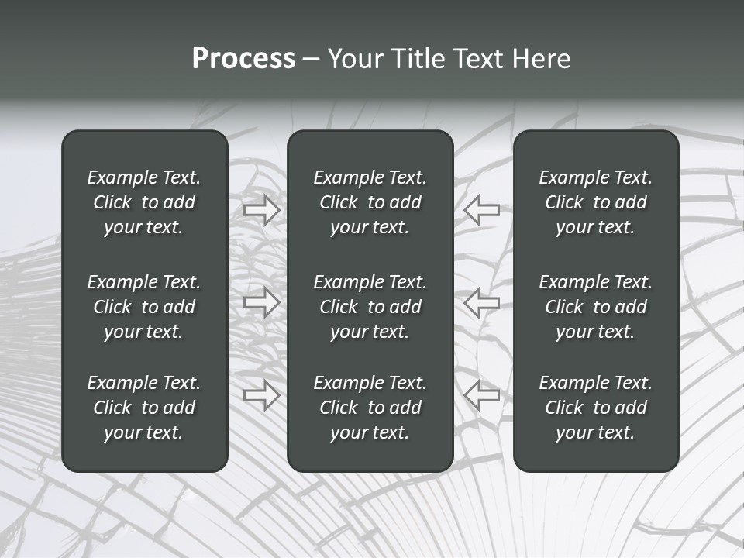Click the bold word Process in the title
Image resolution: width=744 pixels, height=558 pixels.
243,59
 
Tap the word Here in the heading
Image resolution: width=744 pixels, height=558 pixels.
542,59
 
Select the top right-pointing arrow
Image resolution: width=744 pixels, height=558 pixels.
261,210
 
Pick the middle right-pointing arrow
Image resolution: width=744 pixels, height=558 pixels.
261,302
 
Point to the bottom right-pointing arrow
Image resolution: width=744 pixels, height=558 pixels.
261,396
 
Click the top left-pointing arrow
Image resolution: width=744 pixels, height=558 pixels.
482,210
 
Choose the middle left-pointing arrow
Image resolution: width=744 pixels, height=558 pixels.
482,302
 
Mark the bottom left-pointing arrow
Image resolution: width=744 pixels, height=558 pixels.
482,396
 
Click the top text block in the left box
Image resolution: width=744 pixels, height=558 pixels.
144,202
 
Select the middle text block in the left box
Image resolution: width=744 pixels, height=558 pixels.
144,307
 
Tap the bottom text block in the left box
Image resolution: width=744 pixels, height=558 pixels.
144,408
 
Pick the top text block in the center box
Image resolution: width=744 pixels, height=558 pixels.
370,202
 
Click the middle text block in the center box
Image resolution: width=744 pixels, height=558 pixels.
370,307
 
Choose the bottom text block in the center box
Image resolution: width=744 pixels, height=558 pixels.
370,408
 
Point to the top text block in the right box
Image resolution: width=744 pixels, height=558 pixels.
595,202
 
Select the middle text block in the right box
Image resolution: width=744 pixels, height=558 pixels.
595,307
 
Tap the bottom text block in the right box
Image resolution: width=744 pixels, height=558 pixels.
595,408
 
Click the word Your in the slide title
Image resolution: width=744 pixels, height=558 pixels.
355,59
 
